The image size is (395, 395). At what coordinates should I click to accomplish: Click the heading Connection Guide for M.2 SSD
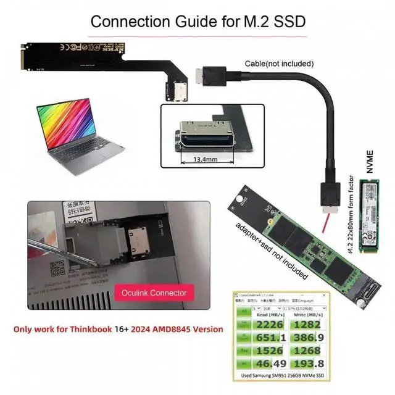click(197, 21)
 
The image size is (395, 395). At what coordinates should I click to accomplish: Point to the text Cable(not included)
click(279, 63)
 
